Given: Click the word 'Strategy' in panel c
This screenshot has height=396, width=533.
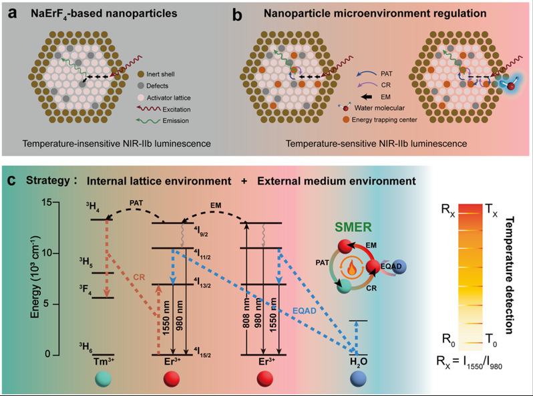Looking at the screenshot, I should tap(47, 180).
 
